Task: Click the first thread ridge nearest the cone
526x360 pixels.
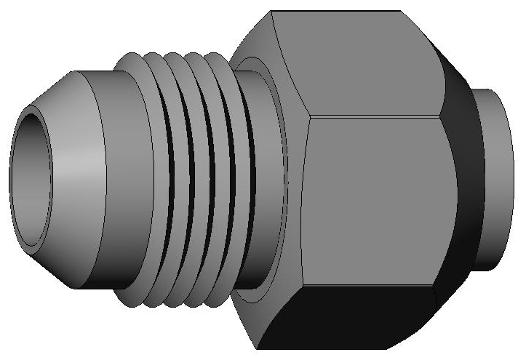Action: (x=151, y=182)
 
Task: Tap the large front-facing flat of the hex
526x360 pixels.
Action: (x=375, y=204)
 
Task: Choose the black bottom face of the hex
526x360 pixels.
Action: (x=349, y=324)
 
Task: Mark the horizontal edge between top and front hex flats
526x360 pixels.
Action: (x=375, y=116)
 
